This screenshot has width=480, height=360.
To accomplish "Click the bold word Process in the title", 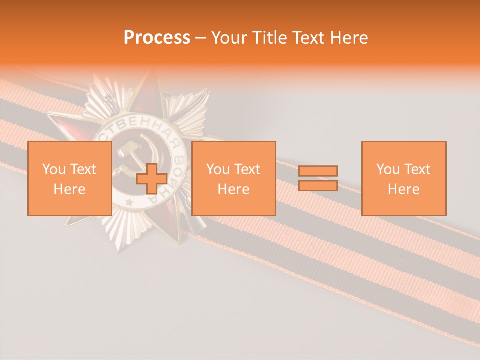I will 157,37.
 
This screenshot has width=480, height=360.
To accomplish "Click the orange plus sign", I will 152,179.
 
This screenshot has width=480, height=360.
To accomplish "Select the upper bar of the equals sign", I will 318,171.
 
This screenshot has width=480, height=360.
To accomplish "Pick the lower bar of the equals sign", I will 318,185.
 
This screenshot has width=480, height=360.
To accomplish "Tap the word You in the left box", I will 54,169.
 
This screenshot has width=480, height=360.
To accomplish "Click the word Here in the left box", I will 69,189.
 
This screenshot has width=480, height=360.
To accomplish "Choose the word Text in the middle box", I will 247,169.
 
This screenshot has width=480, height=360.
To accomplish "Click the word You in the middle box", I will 218,169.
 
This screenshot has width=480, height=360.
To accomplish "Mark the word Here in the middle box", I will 234,189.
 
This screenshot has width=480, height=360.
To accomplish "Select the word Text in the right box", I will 417,169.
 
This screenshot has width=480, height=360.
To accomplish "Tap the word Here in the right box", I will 404,189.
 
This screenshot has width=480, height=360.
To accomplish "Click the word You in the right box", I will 388,169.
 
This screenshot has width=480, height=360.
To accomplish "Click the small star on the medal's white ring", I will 129,202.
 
